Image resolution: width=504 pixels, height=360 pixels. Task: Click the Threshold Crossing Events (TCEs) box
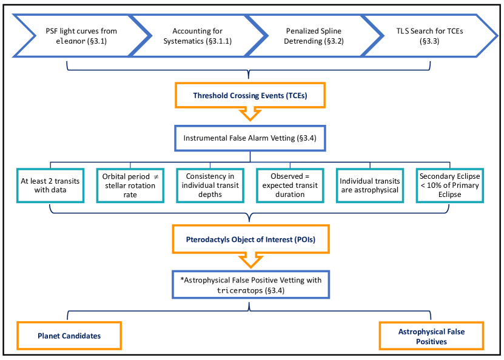pos(250,95)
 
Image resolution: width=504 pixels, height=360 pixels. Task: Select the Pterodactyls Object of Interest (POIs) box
pos(250,239)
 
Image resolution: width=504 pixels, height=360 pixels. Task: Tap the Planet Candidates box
pos(69,336)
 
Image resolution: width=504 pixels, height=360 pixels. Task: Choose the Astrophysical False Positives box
pos(431,336)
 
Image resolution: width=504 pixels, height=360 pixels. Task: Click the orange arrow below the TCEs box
pos(250,114)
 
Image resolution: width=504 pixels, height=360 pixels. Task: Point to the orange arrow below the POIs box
pos(250,261)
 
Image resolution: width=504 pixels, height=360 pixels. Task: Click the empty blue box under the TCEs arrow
pos(250,138)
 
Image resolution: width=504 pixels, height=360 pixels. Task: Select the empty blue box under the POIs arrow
pos(250,284)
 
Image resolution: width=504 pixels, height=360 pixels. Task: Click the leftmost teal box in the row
pos(50,185)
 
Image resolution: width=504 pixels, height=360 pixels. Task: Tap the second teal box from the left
pos(130,185)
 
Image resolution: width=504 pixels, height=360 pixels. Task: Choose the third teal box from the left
pos(210,185)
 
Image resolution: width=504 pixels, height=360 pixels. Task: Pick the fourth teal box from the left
pos(290,185)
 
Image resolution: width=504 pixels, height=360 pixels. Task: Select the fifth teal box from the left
pos(370,185)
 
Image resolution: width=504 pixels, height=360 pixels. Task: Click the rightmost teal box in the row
pos(450,185)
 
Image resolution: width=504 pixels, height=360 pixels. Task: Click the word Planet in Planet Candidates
pos(49,336)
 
